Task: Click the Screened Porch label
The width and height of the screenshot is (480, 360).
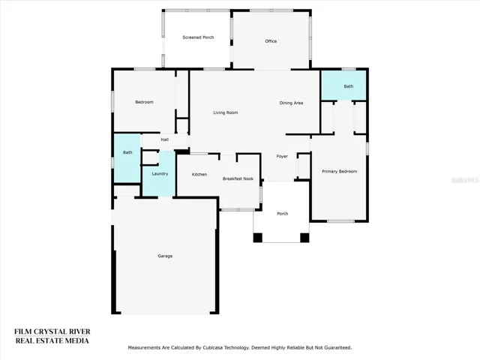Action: coord(198,37)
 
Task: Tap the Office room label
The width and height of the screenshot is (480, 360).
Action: coord(271,41)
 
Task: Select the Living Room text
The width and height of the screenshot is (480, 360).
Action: coord(226,112)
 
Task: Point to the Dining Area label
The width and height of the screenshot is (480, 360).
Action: coord(291,103)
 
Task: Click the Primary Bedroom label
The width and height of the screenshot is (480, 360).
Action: coord(340,172)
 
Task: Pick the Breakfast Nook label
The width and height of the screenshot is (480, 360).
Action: coord(238,178)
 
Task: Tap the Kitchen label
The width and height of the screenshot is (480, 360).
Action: coord(199,174)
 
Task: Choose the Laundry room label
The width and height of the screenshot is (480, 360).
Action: coord(160,174)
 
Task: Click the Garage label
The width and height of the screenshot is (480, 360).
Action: coord(165,256)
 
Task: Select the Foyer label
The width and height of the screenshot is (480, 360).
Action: coord(282,157)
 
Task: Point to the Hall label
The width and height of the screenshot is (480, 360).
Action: coord(165,139)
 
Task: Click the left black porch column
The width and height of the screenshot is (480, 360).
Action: coord(258,238)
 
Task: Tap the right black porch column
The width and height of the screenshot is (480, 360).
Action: coord(304,238)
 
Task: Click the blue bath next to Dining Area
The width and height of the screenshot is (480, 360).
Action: coord(343,85)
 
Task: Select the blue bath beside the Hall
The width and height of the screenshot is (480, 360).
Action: coord(127,158)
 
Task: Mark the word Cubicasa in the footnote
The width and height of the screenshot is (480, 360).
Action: coord(213,348)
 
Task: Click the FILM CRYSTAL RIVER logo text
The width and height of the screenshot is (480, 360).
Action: coord(52,331)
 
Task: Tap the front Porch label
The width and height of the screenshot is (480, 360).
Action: coord(282,214)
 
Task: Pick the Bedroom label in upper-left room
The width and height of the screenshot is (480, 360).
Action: coord(144,102)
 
